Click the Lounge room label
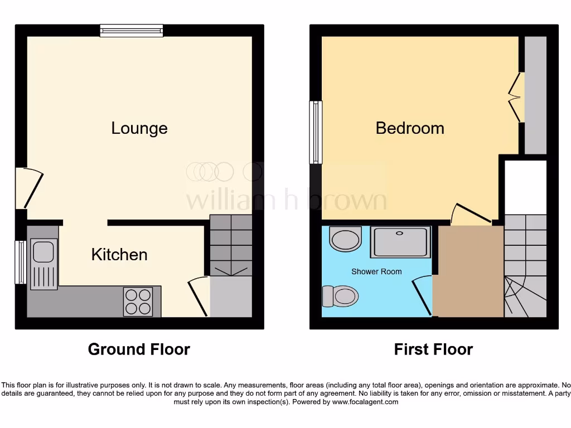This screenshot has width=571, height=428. (x=139, y=128)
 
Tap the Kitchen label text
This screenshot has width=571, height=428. (x=119, y=255)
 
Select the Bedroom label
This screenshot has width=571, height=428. (x=410, y=128)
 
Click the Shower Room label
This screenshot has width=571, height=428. (x=376, y=271)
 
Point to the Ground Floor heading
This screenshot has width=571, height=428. (x=139, y=349)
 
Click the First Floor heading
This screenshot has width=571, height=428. (x=433, y=349)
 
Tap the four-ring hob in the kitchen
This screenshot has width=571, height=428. (x=138, y=301)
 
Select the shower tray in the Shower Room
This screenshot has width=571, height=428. (x=401, y=242)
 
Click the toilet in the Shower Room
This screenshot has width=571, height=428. (x=340, y=295)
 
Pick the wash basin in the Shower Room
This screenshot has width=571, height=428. (x=346, y=240)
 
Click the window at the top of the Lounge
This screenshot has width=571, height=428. (x=132, y=31)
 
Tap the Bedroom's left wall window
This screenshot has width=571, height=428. (x=316, y=132)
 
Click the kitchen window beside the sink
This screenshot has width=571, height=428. (x=21, y=262)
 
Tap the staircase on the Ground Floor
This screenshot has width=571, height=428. (x=230, y=245)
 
